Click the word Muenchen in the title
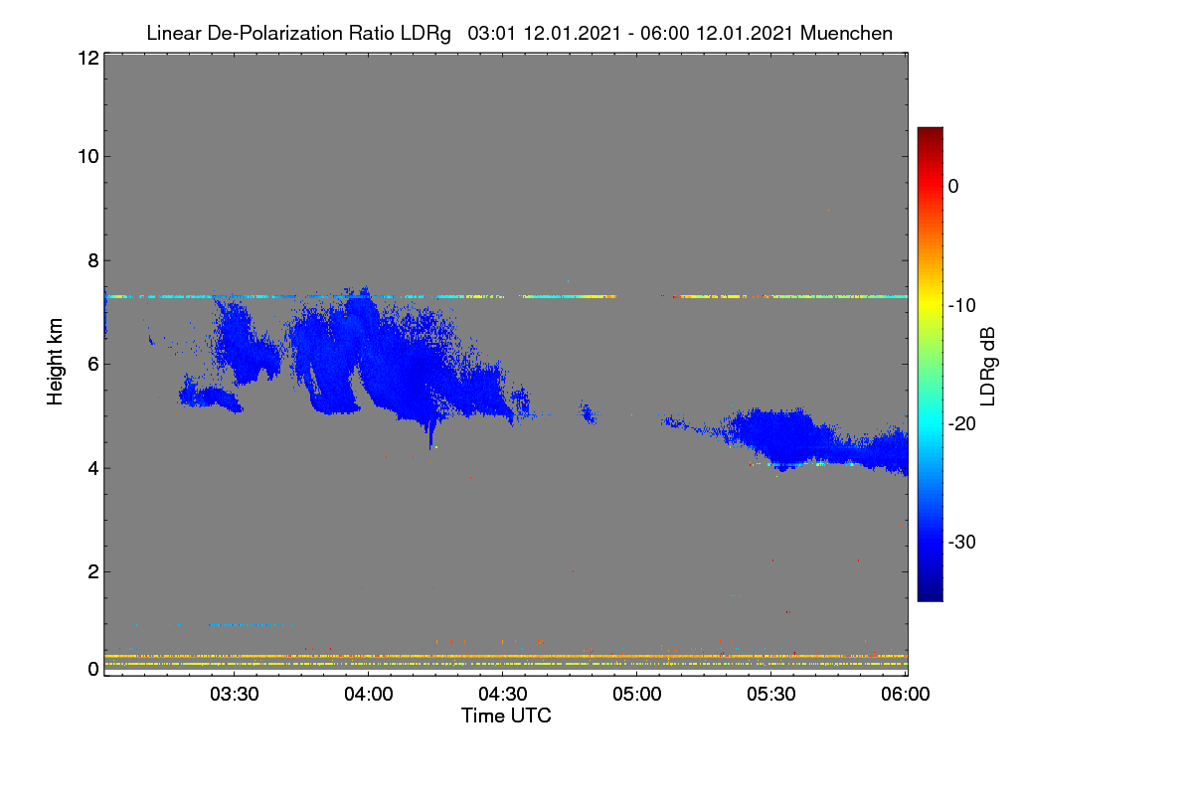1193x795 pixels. tap(846, 33)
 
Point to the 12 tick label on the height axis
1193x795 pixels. tap(88, 58)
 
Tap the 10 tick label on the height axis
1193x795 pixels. tap(88, 157)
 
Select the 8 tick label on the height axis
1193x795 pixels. tap(93, 260)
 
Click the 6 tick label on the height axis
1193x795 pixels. tap(93, 365)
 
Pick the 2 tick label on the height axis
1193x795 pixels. tap(93, 571)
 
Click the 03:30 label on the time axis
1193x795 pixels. tap(235, 694)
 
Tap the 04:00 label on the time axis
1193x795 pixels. tap(369, 694)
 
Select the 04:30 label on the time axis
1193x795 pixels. tap(503, 694)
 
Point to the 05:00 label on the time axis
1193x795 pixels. tap(637, 694)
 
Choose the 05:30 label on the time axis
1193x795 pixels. tap(771, 694)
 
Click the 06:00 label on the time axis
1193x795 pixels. tap(906, 694)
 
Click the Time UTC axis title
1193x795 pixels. tap(506, 715)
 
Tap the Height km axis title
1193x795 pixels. tap(55, 362)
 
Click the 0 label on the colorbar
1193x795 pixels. tap(953, 187)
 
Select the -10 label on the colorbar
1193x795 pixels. tap(962, 306)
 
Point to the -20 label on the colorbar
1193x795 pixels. tap(962, 424)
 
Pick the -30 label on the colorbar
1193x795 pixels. tap(962, 542)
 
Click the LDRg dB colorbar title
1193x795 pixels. tap(988, 367)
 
